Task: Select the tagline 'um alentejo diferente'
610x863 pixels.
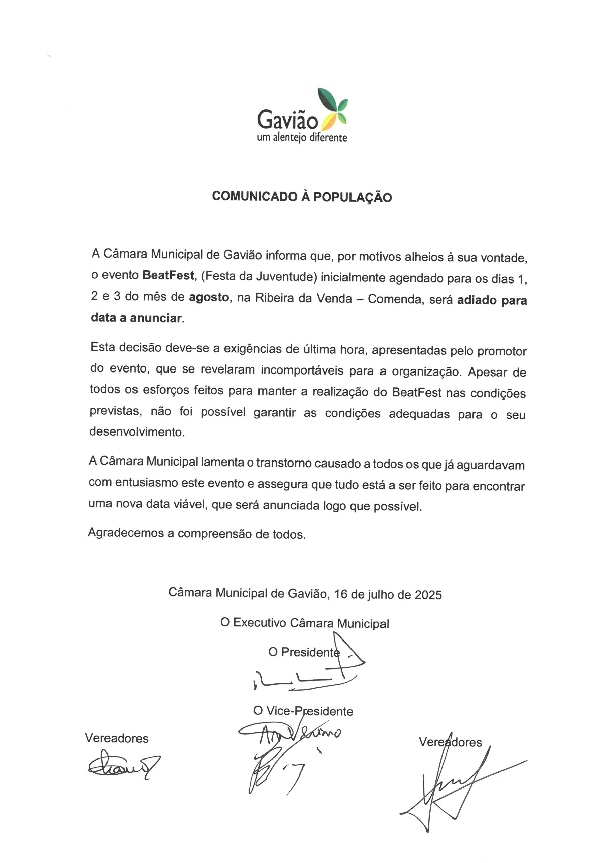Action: tap(302, 138)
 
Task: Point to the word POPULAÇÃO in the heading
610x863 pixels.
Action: tap(353, 197)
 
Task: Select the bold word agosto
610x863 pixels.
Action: tap(209, 297)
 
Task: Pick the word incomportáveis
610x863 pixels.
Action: tap(302, 370)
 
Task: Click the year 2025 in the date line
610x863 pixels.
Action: tap(428, 595)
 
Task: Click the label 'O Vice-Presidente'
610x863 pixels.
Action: tap(303, 711)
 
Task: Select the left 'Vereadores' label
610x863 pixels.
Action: tap(117, 738)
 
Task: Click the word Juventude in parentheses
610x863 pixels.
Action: tap(284, 277)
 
